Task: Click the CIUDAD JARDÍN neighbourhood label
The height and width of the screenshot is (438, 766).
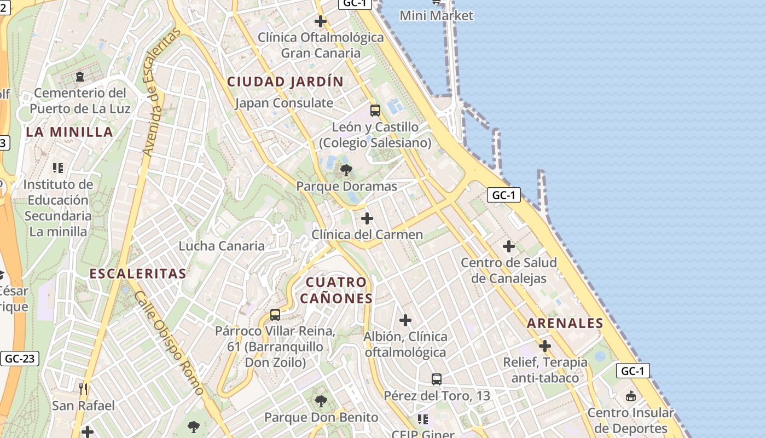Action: [x=285, y=82]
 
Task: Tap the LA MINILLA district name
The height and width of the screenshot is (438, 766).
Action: [x=69, y=132]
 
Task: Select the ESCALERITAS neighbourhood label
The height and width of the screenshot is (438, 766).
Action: [x=138, y=274]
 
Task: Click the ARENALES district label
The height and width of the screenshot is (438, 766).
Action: [x=565, y=323]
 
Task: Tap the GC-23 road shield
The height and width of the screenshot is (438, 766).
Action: [x=20, y=359]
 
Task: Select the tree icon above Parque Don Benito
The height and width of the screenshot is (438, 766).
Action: [x=321, y=401]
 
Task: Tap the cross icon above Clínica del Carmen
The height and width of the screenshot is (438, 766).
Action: [x=367, y=219]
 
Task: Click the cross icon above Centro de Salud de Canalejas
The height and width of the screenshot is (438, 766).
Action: [x=509, y=246]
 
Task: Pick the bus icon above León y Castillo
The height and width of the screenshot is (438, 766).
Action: [x=375, y=111]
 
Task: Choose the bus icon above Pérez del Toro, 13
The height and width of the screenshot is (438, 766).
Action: [x=437, y=379]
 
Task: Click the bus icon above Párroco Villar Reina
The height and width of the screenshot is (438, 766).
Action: [x=275, y=315]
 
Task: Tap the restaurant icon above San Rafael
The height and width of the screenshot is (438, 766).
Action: [x=83, y=389]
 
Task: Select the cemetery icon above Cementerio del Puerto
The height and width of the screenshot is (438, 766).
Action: [x=80, y=76]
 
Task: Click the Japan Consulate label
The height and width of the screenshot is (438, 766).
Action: [x=284, y=103]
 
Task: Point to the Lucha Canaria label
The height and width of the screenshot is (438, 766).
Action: [x=222, y=246]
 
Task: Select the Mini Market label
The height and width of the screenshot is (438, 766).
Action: [x=436, y=15]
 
